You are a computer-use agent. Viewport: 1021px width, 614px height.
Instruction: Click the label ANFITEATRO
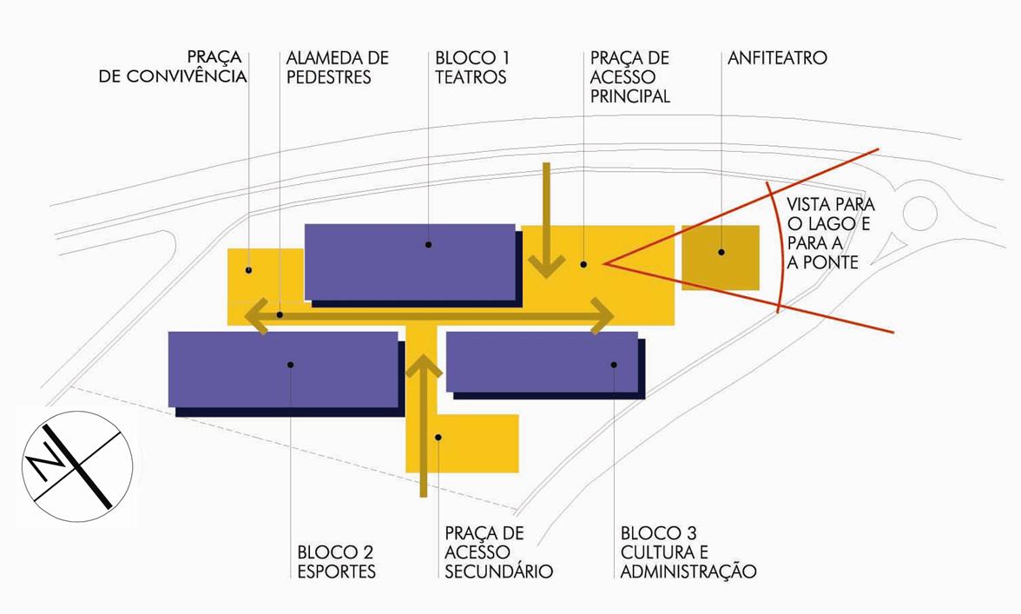pos(777,58)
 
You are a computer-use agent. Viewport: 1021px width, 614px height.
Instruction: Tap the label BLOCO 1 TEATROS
pos(472,68)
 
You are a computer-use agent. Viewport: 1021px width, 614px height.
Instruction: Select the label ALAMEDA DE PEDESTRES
pos(338,68)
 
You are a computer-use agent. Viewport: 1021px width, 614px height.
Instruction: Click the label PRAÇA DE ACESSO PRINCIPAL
pos(630,77)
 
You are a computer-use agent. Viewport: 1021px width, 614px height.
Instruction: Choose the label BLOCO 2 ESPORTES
pos(336,561)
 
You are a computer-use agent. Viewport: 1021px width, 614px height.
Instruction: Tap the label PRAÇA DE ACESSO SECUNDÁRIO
pos(498,551)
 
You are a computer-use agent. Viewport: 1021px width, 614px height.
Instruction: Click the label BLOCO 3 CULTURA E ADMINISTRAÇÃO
pos(688,551)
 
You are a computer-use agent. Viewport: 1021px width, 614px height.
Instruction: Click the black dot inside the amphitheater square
pos(721,253)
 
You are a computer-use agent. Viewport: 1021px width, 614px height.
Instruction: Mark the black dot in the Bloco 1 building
pos(429,245)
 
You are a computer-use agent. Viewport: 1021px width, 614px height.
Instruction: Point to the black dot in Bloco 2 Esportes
pos(290,365)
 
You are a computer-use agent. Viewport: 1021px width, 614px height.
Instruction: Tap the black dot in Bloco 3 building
pos(613,365)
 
